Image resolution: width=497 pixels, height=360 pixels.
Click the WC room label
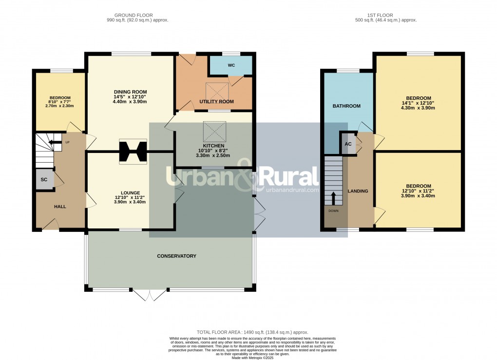(231, 65)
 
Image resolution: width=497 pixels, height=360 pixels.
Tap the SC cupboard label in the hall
(44, 180)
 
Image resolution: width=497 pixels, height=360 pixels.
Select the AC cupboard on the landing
(348, 144)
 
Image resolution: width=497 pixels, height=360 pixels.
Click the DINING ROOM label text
(130, 92)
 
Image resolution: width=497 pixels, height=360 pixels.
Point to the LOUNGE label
(130, 192)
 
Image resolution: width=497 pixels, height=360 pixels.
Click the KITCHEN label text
(213, 146)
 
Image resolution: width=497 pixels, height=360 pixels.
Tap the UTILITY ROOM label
(216, 102)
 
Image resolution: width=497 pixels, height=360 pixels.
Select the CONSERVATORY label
(176, 256)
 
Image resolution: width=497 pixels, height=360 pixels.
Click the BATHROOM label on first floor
(346, 106)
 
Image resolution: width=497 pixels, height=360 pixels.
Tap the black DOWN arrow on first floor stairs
(334, 198)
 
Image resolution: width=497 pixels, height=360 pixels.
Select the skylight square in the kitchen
(213, 130)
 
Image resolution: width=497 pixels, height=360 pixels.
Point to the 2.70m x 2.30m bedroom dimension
(58, 106)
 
